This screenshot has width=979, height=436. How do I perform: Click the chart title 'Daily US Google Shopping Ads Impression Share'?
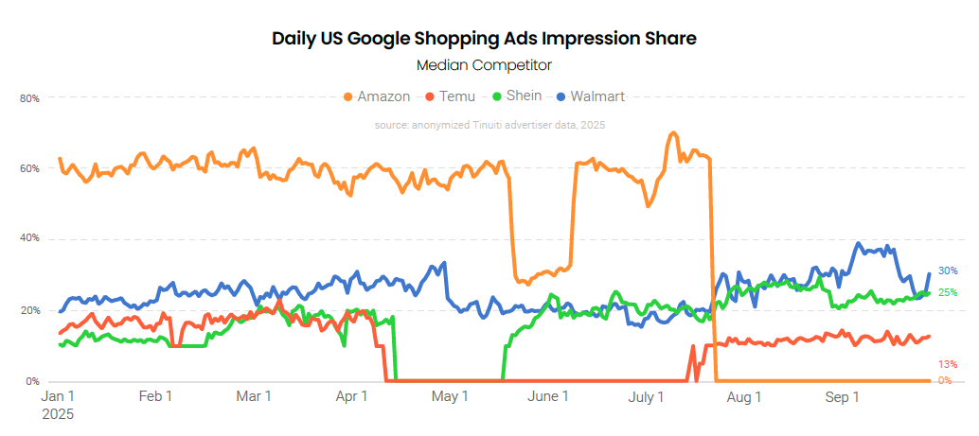484,39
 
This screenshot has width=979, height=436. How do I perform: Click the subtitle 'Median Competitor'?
484,65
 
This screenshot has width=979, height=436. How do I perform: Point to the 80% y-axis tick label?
29,97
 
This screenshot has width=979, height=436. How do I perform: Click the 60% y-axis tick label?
29,168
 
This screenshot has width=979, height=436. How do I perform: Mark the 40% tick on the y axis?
29,238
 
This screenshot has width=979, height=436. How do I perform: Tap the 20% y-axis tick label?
29,310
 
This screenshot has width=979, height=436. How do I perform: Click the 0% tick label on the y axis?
32,381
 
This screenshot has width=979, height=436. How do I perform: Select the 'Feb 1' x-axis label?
155,397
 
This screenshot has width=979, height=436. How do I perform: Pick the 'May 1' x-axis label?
450,397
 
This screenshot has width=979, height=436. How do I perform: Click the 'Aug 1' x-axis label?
744,397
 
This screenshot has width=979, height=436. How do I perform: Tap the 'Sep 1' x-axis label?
843,397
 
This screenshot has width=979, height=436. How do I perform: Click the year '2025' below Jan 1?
58,414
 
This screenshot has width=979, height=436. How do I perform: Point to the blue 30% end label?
948,271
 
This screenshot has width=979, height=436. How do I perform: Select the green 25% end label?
948,292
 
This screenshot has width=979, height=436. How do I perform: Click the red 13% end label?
948,364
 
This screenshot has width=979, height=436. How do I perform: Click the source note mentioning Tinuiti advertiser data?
489,125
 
